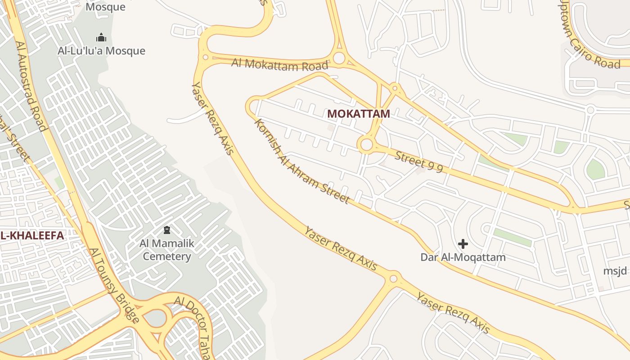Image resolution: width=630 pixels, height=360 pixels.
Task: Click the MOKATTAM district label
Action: coord(358,114)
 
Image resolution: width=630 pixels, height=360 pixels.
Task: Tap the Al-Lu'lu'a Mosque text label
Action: coord(101,51)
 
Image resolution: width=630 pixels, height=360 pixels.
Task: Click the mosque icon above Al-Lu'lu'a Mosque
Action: coord(101,37)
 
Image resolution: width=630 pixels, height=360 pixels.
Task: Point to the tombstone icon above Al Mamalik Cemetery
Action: coord(167,230)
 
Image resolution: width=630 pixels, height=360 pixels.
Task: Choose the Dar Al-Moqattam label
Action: coord(463,257)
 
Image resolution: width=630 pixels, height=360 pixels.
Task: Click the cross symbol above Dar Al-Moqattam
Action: coord(463,244)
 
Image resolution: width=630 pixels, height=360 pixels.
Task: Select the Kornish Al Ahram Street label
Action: coord(301,161)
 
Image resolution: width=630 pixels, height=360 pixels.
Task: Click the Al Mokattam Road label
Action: coord(279,64)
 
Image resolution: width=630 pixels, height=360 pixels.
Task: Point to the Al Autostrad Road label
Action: coord(31,85)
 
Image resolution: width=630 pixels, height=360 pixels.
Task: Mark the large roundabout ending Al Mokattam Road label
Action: coord(339,58)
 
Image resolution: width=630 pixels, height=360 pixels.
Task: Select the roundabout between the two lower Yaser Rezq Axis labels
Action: coord(393,279)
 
